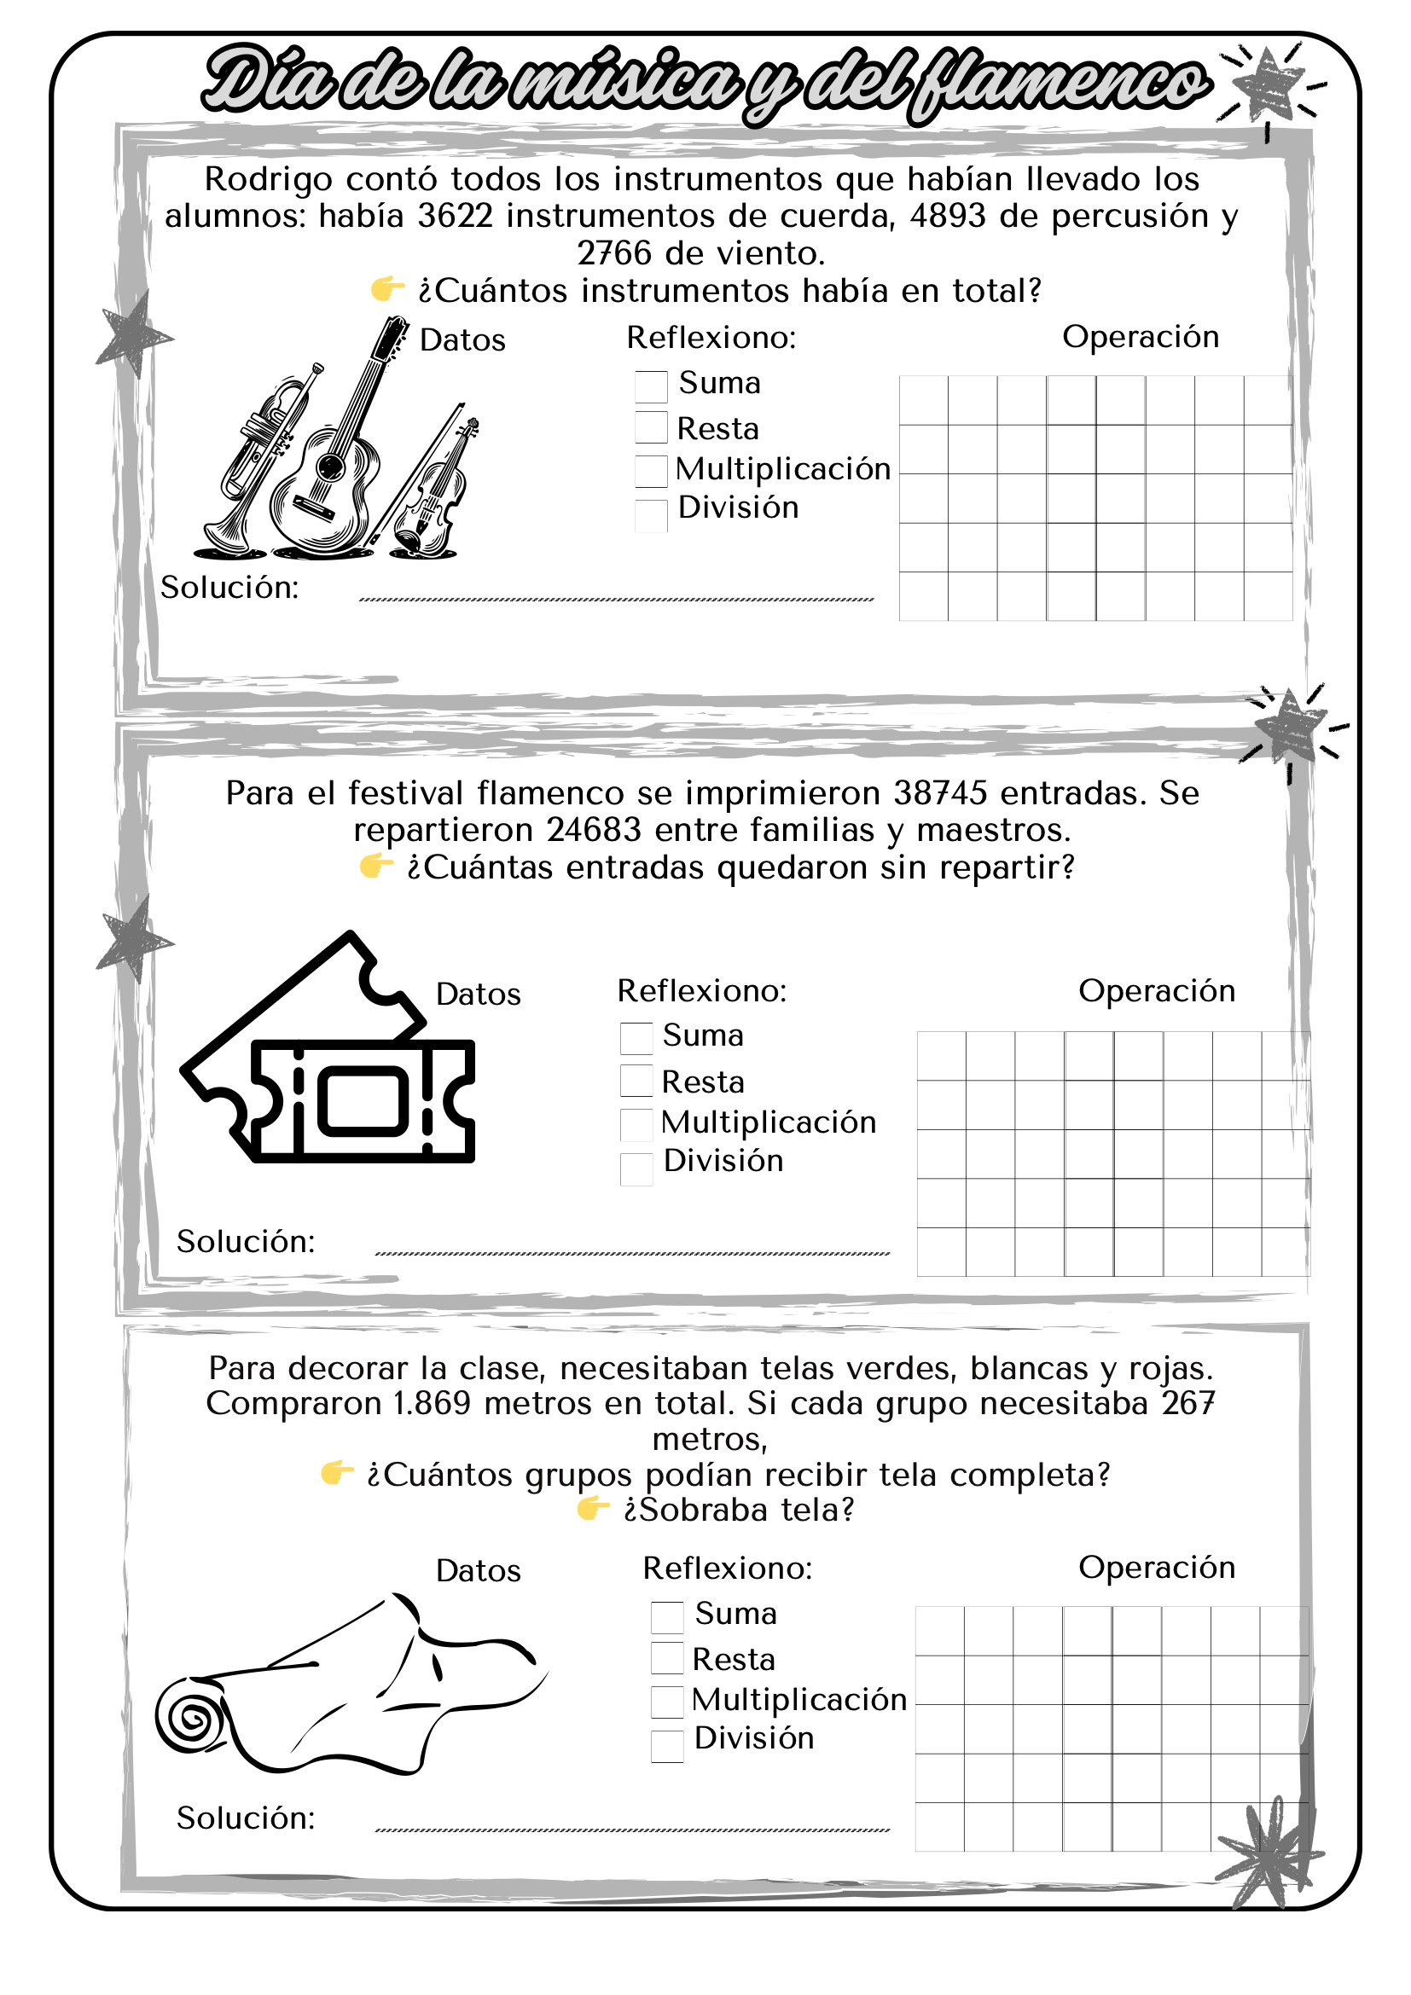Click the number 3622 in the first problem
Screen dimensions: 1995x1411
click(x=456, y=216)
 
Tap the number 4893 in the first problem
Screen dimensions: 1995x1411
click(x=948, y=216)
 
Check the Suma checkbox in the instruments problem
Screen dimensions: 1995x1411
click(x=651, y=386)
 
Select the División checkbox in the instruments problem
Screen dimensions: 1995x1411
click(x=651, y=515)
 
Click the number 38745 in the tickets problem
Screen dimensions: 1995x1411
click(x=940, y=792)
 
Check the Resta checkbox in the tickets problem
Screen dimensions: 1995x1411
click(x=636, y=1080)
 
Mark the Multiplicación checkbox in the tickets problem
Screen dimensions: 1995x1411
click(x=636, y=1124)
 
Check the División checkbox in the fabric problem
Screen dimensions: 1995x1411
click(x=666, y=1747)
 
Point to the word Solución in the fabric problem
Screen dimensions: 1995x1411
click(x=246, y=1818)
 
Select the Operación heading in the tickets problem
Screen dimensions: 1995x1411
click(x=1157, y=990)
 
